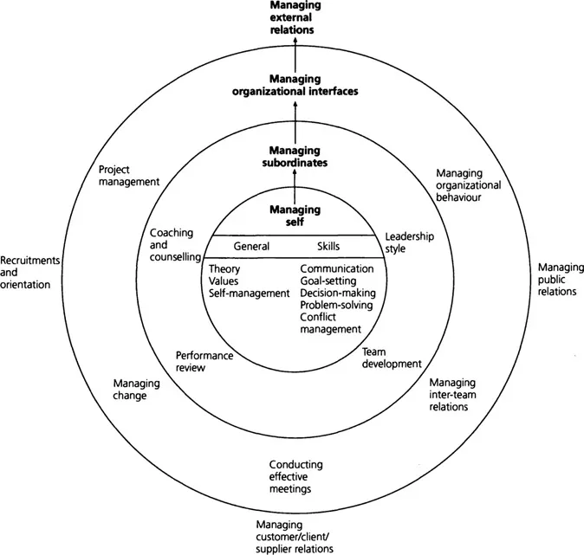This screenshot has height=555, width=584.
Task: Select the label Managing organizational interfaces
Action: coord(294,84)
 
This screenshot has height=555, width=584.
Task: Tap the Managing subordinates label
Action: coord(294,155)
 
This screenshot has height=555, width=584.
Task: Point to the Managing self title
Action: coord(294,215)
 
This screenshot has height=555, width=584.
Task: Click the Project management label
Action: coord(129,176)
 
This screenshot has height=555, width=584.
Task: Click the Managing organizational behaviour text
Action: coord(469,184)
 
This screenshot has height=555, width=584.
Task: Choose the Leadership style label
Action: coord(409,242)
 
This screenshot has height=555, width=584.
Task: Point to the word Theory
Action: coord(225,268)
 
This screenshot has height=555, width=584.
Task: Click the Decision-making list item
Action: coord(336,293)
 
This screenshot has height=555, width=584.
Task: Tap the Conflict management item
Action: coord(330,323)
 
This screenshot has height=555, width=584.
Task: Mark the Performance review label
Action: coord(203,361)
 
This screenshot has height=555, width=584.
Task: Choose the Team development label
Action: coord(390,358)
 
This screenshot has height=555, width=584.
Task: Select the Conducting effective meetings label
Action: coord(289,476)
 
